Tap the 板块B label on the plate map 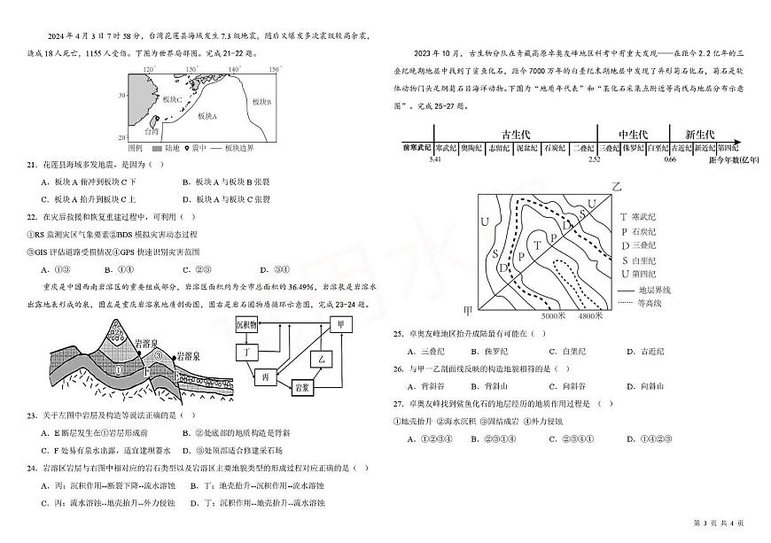coord(261,102)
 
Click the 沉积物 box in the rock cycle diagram coord(248,326)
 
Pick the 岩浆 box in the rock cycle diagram coord(303,387)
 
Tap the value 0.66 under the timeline coord(670,160)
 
